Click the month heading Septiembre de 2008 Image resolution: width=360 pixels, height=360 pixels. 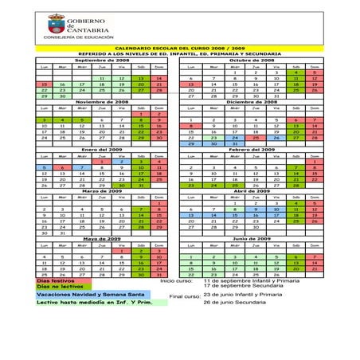click(102, 61)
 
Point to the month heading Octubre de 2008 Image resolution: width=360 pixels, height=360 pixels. click(252, 61)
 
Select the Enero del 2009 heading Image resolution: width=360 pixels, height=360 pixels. click(102, 149)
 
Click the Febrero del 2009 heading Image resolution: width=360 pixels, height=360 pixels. click(252, 149)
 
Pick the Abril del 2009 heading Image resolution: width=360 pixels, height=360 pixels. click(252, 192)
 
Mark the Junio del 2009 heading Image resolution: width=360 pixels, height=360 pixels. click(252, 239)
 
